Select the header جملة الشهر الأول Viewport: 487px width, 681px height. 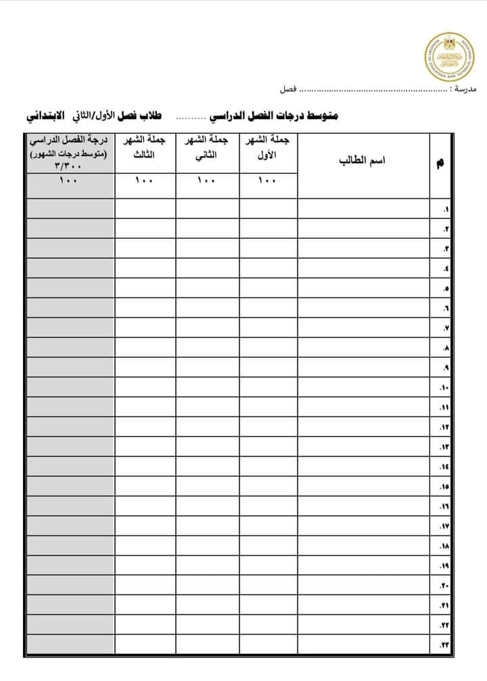pos(269,147)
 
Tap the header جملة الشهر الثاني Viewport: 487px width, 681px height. pos(208,147)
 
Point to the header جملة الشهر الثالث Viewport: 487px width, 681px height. pos(145,147)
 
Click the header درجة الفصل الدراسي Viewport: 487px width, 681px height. pos(70,141)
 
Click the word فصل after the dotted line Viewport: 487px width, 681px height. pos(287,89)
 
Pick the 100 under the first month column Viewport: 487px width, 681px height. pos(268,181)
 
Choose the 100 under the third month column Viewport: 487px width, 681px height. pos(145,181)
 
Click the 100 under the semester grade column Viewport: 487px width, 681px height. pos(70,181)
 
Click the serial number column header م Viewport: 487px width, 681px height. pos(442,162)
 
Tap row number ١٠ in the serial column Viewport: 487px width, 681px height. pos(444,388)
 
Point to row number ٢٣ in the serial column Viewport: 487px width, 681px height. pos(444,645)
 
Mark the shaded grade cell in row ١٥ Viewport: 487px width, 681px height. pos(70,486)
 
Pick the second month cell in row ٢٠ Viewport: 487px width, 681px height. pos(208,585)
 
